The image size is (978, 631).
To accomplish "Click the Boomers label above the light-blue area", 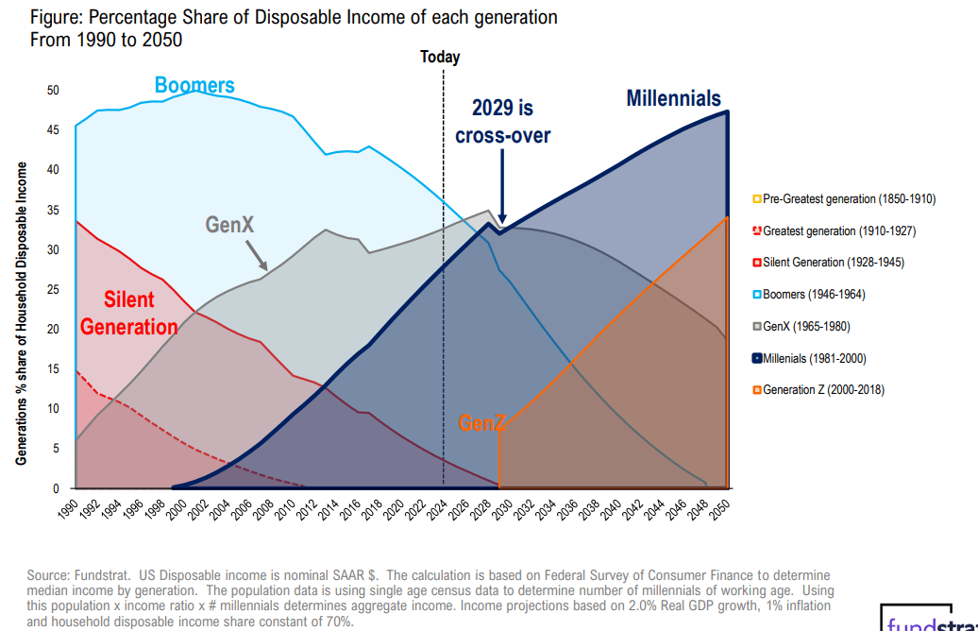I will (194, 86).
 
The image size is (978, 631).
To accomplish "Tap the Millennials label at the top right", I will (673, 98).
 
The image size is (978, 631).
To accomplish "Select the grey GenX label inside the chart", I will (230, 224).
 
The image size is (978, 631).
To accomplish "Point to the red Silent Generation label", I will (129, 314).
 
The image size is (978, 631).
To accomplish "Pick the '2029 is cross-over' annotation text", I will (502, 122).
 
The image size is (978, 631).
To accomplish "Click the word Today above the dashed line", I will (440, 57).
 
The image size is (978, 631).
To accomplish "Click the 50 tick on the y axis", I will (54, 91).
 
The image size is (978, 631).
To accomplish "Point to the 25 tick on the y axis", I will (54, 290).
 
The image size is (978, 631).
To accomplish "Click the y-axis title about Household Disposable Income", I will (21, 313).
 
